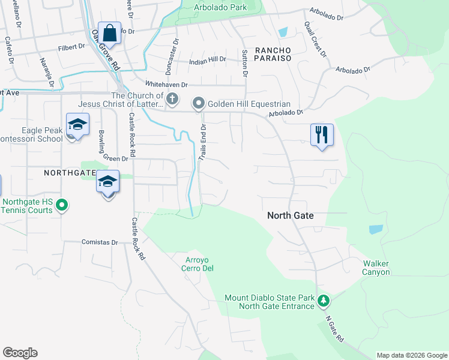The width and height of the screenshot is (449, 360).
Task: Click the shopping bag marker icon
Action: point(110,32)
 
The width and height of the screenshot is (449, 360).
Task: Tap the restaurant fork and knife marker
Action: point(322,134)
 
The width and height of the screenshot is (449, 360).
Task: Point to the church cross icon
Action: point(172,99)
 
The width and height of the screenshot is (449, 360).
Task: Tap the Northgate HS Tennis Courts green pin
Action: point(61,206)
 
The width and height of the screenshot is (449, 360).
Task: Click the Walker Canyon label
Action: point(376,268)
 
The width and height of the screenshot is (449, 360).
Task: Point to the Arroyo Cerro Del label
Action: point(198,264)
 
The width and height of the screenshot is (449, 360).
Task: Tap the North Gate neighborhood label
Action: point(291,215)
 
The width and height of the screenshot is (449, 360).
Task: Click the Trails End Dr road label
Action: point(203,142)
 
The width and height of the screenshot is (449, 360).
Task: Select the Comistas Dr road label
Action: point(100,242)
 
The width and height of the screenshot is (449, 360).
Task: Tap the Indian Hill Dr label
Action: point(207,59)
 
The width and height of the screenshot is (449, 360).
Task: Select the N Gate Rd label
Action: point(334,331)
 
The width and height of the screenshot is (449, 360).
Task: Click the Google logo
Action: point(20,353)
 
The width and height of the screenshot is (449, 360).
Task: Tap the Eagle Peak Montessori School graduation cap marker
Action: point(77,124)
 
